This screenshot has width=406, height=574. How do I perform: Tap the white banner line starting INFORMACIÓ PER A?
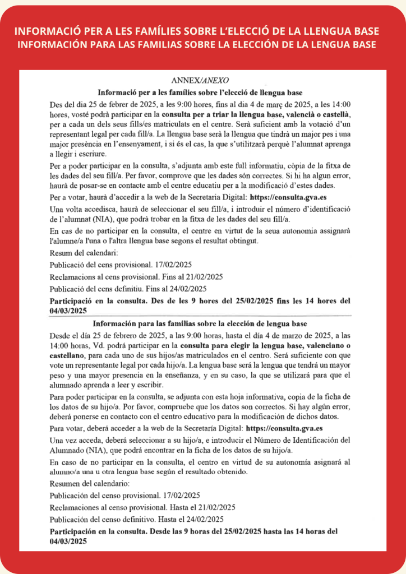(x=202, y=30)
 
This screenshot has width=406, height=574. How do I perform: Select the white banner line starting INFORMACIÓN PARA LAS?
(x=202, y=44)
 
